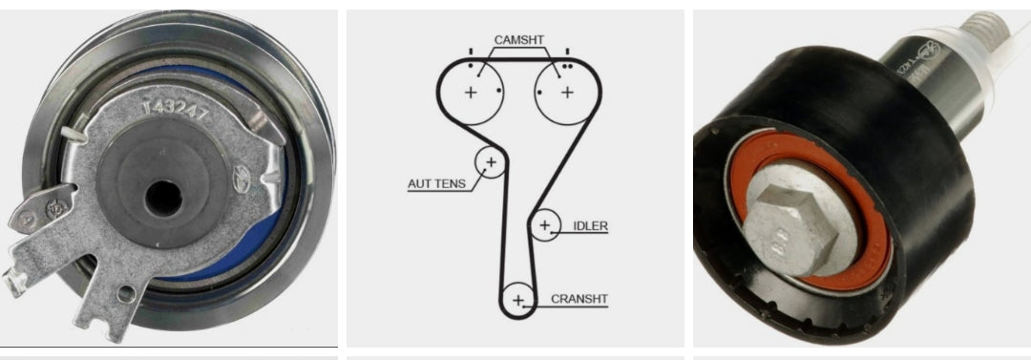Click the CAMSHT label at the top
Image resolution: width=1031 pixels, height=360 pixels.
[x=519, y=40]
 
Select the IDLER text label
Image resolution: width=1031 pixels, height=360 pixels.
[x=591, y=226]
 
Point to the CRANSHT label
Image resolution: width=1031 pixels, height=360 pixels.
[x=579, y=299]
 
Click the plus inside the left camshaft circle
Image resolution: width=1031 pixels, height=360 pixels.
[x=471, y=93]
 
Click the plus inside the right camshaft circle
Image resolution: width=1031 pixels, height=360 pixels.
[x=567, y=93]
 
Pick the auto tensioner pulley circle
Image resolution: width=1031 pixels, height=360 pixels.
[x=491, y=163]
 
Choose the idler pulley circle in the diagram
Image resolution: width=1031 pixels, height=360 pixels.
[x=545, y=225]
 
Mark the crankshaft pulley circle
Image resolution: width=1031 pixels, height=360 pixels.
[x=518, y=300]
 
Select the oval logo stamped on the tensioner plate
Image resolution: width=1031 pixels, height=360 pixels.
[x=242, y=177]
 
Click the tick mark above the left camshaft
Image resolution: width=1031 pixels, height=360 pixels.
[x=469, y=50]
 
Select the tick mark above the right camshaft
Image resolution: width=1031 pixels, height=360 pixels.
[x=568, y=50]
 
